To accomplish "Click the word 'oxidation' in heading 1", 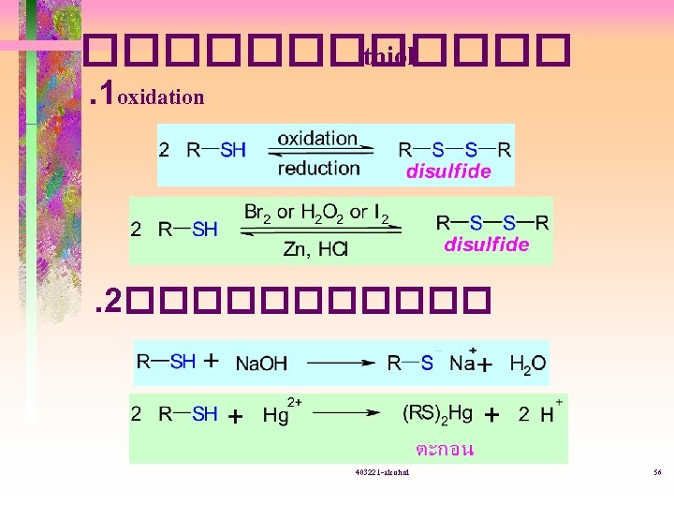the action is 161,97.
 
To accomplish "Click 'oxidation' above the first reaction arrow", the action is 317,139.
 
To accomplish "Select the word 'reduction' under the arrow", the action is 318,168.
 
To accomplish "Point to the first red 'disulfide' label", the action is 447,171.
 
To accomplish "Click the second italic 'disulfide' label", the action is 486,245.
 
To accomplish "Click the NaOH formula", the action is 262,363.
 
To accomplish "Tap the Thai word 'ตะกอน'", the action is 444,449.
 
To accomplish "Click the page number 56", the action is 657,473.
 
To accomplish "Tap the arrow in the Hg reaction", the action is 346,413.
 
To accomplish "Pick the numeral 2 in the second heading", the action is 113,300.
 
